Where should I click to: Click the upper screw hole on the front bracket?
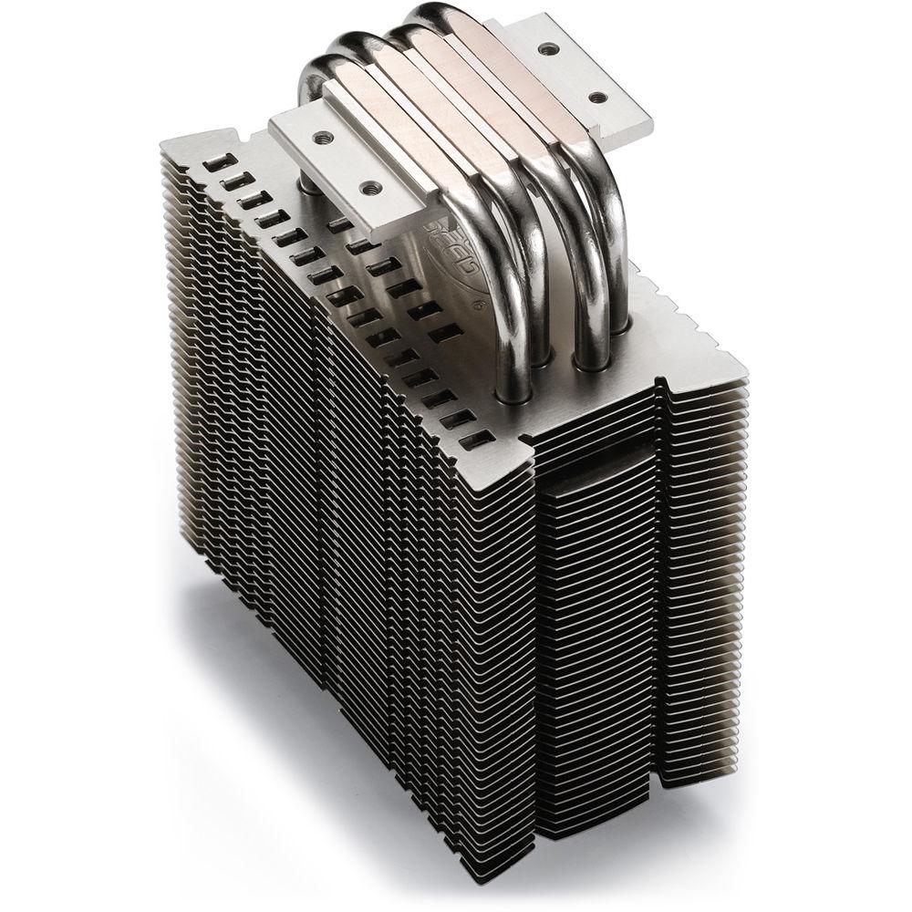click(322, 136)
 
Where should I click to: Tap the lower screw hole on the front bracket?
click(370, 189)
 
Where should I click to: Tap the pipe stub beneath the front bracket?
click(310, 187)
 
